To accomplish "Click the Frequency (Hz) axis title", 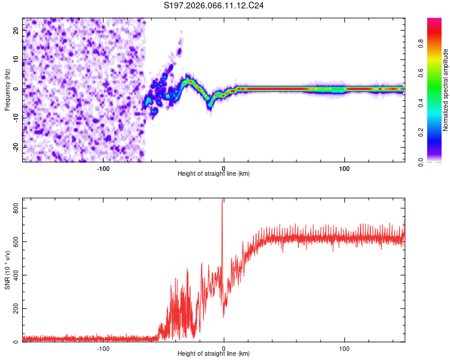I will [7, 90].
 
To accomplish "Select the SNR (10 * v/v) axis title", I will [7, 269].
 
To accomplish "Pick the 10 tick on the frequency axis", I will [16, 61].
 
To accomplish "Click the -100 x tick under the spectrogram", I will [103, 167].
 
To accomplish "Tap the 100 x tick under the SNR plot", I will [344, 348].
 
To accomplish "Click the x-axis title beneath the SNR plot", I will [214, 355].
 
